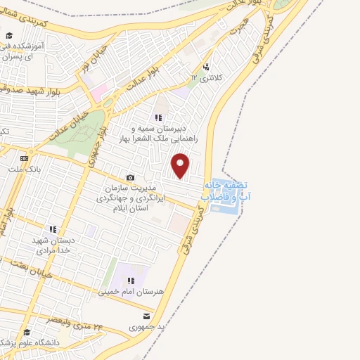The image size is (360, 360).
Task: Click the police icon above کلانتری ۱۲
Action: click(x=205, y=66)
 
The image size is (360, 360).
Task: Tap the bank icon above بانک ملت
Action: click(x=23, y=157)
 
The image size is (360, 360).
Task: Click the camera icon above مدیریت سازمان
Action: click(x=129, y=178)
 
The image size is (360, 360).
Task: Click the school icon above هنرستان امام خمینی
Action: click(x=131, y=281)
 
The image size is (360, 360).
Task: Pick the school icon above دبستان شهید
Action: click(x=52, y=229)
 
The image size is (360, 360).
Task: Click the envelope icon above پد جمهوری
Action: click(x=146, y=316)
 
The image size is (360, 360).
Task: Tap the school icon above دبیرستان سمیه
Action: click(x=158, y=117)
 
